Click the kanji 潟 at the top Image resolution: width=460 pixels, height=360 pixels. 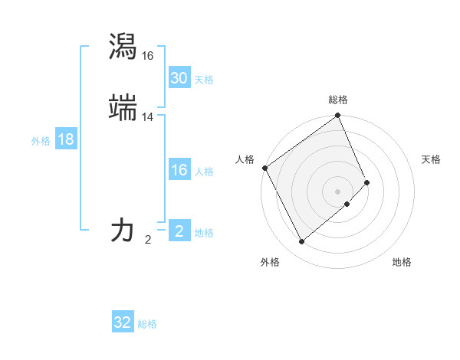[123, 46]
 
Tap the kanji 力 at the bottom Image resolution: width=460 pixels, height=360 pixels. [123, 230]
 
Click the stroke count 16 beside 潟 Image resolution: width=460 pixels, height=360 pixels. [148, 56]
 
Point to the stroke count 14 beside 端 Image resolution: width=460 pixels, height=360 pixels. [148, 117]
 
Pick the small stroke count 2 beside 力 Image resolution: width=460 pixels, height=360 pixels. [148, 240]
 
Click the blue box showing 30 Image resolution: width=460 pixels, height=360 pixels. [179, 78]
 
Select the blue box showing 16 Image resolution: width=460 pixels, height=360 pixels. [179, 170]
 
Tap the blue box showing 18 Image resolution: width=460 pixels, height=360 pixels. [65, 139]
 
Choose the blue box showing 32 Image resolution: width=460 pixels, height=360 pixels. [123, 322]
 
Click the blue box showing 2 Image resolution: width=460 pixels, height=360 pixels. [179, 231]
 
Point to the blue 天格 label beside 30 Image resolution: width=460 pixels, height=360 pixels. [204, 80]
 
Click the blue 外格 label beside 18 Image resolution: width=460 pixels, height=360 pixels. [41, 141]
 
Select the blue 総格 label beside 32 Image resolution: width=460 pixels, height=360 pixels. [147, 324]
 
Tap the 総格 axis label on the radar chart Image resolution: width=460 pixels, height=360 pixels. [338, 100]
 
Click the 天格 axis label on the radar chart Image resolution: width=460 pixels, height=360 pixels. [431, 159]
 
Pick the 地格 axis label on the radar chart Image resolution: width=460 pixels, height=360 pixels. [402, 263]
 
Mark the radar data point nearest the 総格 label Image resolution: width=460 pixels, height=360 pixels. [338, 116]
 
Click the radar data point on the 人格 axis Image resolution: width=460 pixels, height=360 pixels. [264, 168]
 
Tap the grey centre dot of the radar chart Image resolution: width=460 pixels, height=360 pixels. [338, 191]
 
